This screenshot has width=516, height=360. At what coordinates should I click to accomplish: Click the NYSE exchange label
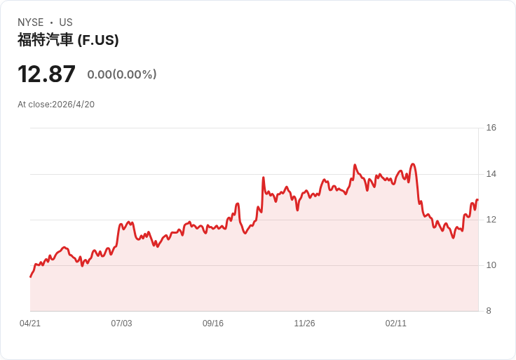coord(30,22)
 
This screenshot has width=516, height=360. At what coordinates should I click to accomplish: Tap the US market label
coord(66,22)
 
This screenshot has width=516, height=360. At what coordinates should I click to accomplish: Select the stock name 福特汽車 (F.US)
coord(68,40)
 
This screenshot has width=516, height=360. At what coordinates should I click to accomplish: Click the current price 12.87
coord(46,74)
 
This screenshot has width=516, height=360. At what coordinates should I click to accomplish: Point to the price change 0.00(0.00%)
coord(122,74)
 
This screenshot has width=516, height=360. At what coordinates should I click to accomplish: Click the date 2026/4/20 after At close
coord(74,105)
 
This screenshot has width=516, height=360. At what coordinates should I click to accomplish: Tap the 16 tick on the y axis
coord(491,128)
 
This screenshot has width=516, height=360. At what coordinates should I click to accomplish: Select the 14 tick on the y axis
coord(491,174)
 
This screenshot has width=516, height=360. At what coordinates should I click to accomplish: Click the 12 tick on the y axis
coord(491,220)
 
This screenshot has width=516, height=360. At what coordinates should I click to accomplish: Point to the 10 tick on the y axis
coord(491,265)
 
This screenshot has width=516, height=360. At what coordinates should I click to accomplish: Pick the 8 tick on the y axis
coord(489,311)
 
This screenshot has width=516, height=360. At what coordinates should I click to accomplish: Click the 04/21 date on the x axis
coord(30,324)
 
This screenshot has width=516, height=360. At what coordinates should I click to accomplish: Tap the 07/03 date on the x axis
coord(121,324)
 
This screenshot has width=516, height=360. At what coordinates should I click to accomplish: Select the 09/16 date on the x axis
coord(213,324)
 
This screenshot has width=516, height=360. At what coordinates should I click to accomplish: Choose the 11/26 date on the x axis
coord(304,324)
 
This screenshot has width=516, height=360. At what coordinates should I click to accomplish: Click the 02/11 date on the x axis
coord(396,324)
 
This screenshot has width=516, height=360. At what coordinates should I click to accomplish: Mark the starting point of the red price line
coord(30,276)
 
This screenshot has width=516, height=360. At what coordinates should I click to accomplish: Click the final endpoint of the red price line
coord(477,200)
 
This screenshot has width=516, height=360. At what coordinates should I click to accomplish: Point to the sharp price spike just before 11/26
coord(264,178)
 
